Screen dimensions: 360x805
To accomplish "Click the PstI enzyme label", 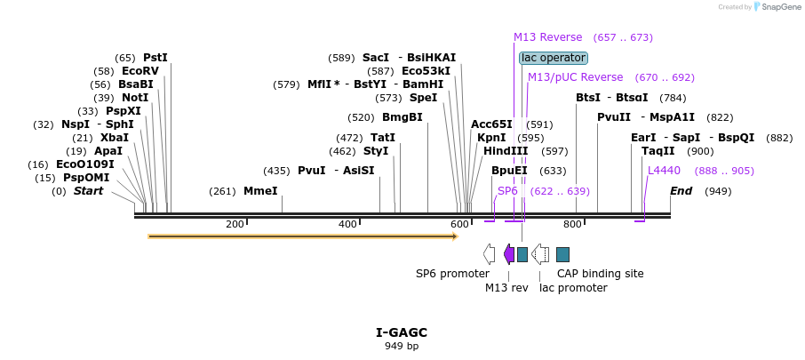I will tap(155, 58).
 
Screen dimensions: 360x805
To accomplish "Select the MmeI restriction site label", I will tap(260, 191).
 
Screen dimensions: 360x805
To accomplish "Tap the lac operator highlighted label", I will tap(554, 58).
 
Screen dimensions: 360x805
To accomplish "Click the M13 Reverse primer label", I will tap(547, 37).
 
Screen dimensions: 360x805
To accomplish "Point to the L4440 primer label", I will tap(664, 170).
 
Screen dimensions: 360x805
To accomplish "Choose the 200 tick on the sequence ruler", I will tap(235, 224).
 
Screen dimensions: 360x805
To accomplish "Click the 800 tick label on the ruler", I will tap(572, 224).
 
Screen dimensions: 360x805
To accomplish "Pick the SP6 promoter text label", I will tap(452, 274).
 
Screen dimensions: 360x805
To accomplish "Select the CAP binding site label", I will tap(601, 274).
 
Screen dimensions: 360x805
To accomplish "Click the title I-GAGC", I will tap(402, 332).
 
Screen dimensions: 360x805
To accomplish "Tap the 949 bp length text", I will tap(402, 346).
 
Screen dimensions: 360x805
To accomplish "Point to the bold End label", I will tap(681, 191).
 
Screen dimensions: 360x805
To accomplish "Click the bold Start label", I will tap(88, 191).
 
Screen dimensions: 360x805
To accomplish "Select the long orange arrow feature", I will tap(302, 236).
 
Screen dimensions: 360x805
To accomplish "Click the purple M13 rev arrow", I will tap(508, 254).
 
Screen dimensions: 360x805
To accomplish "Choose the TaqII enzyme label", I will tap(658, 151).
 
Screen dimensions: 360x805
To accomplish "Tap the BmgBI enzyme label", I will tap(402, 117).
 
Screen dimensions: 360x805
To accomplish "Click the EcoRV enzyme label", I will tap(139, 71).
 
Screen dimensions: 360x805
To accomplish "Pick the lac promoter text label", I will tap(573, 287).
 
